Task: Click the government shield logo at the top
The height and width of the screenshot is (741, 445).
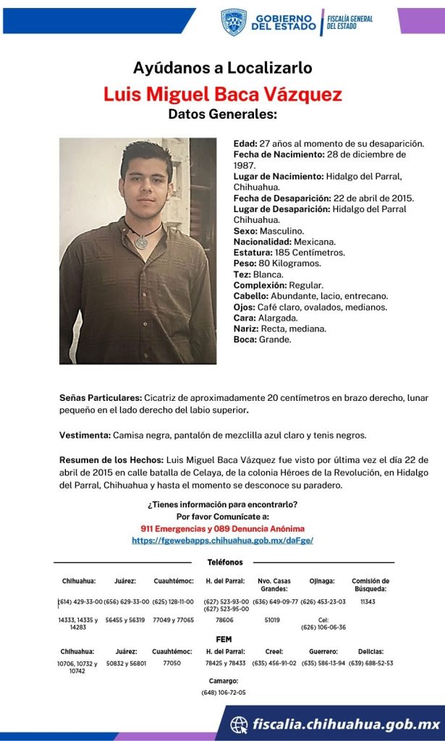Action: click(234, 22)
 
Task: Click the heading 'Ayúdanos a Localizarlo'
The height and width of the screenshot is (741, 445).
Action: click(222, 69)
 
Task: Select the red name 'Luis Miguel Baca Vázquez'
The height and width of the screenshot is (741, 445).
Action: click(222, 95)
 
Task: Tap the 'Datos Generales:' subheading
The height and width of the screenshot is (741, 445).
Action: click(222, 114)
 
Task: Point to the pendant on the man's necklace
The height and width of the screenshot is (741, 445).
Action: click(142, 242)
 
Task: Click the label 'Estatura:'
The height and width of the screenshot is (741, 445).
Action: click(253, 253)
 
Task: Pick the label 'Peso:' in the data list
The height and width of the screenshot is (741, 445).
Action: click(245, 263)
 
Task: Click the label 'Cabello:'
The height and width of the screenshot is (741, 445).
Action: click(251, 296)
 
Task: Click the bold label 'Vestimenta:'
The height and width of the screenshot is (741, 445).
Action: click(85, 435)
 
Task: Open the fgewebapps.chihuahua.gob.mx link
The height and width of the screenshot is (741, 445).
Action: click(222, 541)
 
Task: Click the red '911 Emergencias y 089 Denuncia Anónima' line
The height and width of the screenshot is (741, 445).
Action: click(222, 529)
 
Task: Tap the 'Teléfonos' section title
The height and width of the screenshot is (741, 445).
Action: click(225, 562)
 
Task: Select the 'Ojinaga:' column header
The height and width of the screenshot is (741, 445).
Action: click(322, 580)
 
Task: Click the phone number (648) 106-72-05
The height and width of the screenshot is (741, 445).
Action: click(223, 693)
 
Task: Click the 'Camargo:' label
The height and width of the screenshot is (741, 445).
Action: click(223, 681)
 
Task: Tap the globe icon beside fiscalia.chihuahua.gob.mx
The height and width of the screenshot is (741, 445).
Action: click(239, 724)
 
